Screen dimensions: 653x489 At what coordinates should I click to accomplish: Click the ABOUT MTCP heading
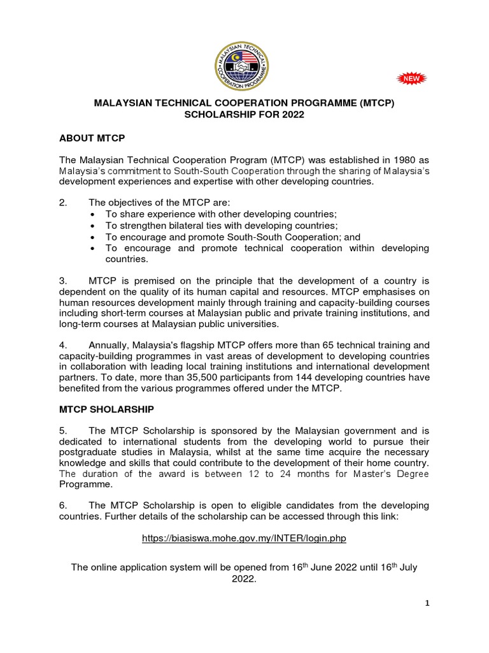tap(92, 138)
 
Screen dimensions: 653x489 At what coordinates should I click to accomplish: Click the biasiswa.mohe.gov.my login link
tap(244, 538)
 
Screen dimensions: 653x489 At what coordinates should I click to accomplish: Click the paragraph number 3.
tap(63, 281)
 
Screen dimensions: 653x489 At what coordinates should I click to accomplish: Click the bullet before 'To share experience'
tap(94, 215)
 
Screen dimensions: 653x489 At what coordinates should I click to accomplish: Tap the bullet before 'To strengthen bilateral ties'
tap(94, 226)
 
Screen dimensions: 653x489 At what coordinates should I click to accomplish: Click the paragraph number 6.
tap(63, 505)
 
